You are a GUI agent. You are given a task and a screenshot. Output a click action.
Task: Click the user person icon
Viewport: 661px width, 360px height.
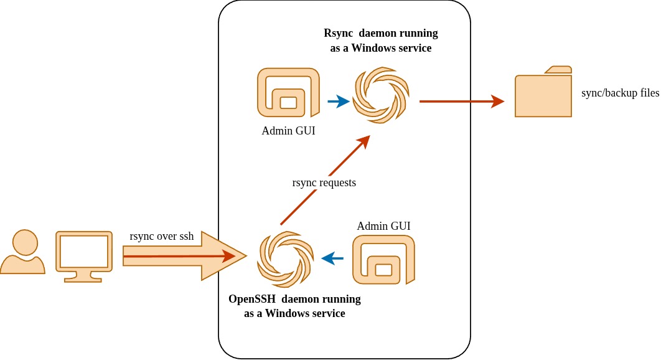(22, 252)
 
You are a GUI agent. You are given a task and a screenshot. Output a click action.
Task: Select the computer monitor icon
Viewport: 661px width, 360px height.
(84, 256)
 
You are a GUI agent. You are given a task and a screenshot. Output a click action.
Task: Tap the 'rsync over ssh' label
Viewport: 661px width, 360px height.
(162, 236)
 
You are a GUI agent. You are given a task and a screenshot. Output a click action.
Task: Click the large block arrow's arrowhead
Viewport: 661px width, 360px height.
(224, 255)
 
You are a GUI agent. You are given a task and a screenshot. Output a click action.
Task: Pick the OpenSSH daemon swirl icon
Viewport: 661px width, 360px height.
(285, 259)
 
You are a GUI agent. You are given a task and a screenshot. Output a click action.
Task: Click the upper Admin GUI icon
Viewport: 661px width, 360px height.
(288, 92)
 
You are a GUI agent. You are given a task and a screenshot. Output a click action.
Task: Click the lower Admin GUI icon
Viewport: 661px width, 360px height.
(384, 260)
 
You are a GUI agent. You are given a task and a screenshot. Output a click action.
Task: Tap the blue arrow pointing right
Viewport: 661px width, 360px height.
(338, 102)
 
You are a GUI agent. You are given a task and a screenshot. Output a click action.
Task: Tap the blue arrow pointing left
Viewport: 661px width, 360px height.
(332, 257)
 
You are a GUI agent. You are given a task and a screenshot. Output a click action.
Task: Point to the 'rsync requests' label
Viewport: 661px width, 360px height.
(324, 182)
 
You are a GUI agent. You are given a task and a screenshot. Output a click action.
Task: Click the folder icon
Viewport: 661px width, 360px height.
(543, 95)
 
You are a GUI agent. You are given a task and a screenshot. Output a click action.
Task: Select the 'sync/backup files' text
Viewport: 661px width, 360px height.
(619, 93)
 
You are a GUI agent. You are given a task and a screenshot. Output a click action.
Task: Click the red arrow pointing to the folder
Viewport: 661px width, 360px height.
(461, 101)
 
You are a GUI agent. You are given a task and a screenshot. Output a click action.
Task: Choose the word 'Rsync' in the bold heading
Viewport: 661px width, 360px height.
(338, 33)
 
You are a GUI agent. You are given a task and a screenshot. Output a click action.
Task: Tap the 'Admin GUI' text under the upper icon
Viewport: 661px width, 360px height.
(288, 131)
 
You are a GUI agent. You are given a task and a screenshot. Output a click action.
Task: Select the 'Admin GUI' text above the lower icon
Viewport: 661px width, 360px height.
(383, 225)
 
